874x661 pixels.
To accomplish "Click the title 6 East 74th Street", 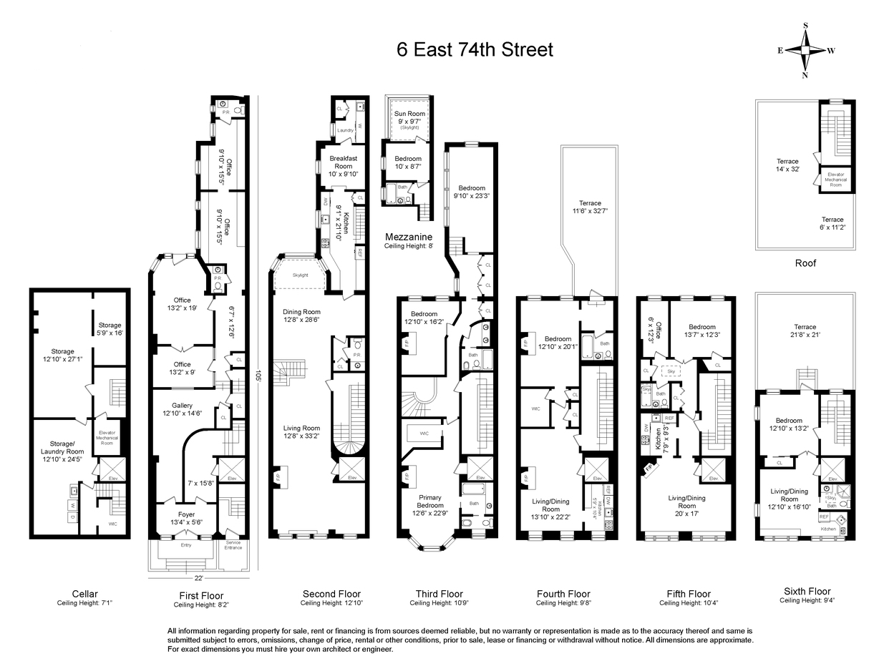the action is (475, 50).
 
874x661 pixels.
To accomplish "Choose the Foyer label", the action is (185, 519).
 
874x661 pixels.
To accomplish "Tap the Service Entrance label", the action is (233, 545).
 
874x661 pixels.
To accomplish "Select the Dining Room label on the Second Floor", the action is (301, 316).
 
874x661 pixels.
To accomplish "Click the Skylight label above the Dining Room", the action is (301, 275).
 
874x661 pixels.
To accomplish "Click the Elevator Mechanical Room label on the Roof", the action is (835, 179).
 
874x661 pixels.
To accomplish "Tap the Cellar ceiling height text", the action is (85, 603).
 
